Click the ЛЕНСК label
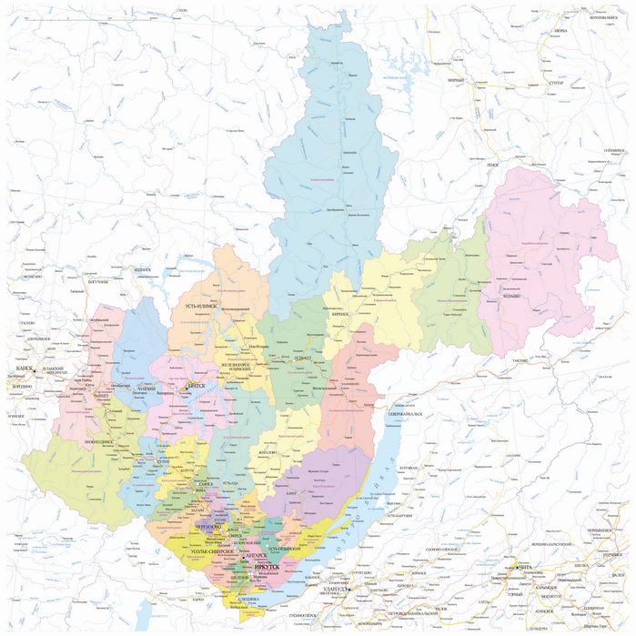tap(492, 164)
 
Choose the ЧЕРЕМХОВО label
tap(208, 527)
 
